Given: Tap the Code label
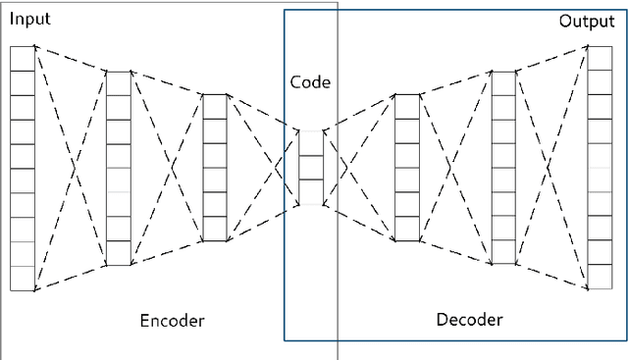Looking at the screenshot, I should tap(310, 82).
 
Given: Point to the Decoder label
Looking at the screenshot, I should tap(469, 319).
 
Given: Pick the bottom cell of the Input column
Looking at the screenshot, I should tap(22, 278).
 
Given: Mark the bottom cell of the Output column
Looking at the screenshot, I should tap(600, 278).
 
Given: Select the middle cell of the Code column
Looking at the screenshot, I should tap(310, 167).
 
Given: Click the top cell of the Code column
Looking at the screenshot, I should tap(310, 143).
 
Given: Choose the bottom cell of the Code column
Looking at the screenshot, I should tap(310, 191).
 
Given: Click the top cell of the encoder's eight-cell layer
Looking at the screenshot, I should tap(118, 82).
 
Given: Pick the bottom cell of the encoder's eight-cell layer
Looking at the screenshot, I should tap(118, 253).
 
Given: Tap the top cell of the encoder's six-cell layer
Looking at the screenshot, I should tap(214, 107).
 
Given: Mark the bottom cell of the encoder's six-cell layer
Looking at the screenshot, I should tap(214, 229).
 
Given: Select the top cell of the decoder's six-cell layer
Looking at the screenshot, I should tap(406, 107).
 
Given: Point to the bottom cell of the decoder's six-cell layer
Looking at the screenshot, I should tap(406, 229).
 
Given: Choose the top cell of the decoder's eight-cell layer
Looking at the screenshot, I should tap(502, 82).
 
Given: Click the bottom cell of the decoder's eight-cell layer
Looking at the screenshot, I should tap(502, 253).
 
